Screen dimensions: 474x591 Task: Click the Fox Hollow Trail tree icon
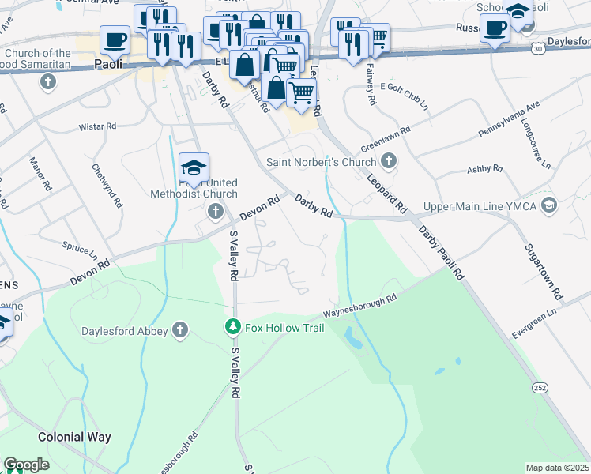coord(232,325)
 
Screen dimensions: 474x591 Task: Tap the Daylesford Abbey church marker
coord(180,331)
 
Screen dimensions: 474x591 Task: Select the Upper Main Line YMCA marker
coord(549,206)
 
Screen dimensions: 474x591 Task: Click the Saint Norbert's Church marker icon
coord(387,162)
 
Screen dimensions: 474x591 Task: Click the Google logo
coord(26,465)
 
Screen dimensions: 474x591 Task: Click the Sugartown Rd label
coord(545,271)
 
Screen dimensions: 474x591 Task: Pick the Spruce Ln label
coord(79,250)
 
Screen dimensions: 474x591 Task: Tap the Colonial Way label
coord(74,436)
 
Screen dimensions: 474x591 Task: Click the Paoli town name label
coord(107,64)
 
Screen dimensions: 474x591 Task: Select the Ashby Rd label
coord(484,168)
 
